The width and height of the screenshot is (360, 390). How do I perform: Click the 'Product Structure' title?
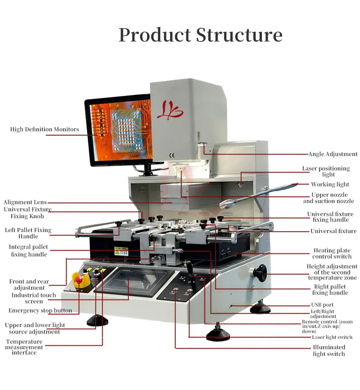[x=200, y=35]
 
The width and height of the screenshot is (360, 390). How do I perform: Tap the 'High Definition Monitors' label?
[x=45, y=130]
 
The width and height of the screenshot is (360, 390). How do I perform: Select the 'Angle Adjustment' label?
[x=333, y=154]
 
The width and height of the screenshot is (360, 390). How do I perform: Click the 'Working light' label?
[x=330, y=184]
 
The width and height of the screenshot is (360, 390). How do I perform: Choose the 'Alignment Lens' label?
[x=25, y=202]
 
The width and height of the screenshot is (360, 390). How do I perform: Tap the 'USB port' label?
[x=322, y=305]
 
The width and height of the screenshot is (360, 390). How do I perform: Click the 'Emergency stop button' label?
[x=40, y=311]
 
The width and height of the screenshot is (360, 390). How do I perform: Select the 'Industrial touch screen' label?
[x=34, y=298]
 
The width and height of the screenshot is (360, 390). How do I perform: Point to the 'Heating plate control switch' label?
[x=332, y=253]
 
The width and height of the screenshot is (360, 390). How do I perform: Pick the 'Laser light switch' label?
[x=332, y=337]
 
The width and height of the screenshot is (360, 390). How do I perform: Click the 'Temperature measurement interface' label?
[x=24, y=347]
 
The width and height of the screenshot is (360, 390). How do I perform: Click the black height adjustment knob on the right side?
[x=260, y=273]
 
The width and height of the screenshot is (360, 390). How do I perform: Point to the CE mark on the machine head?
[x=171, y=156]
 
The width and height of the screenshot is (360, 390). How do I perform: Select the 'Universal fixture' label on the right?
[x=333, y=231]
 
